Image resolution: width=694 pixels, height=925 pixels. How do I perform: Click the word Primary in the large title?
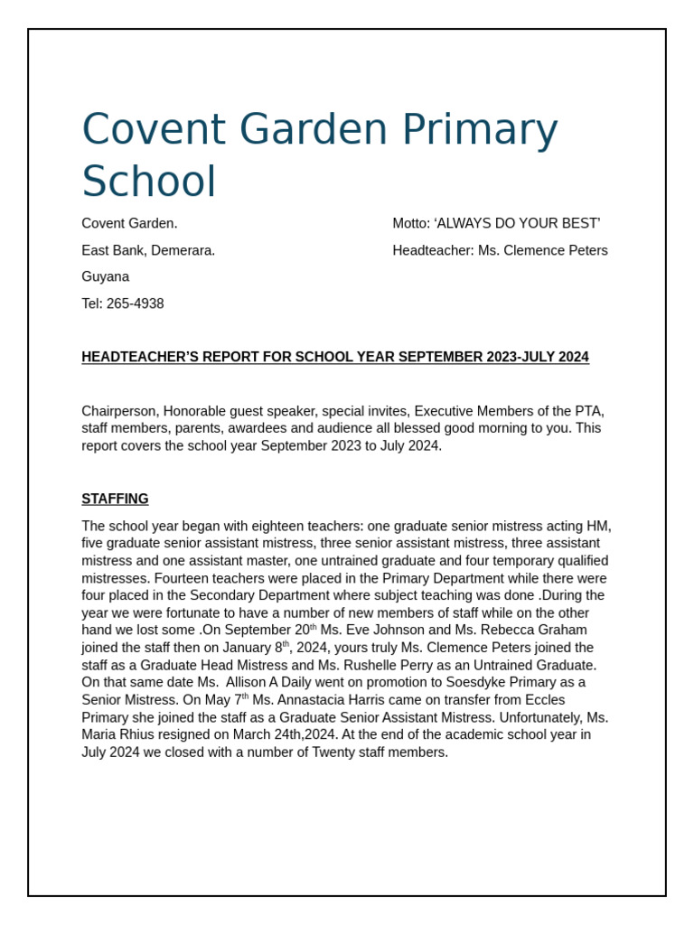click(x=479, y=130)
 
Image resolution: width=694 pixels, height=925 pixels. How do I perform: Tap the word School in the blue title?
click(x=149, y=182)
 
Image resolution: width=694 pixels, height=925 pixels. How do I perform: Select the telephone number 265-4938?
click(x=135, y=304)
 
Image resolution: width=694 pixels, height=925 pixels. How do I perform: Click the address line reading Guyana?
click(x=105, y=276)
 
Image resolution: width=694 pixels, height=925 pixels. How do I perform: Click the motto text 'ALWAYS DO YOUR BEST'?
click(x=517, y=223)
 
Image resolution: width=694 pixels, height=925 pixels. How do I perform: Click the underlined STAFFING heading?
click(x=115, y=499)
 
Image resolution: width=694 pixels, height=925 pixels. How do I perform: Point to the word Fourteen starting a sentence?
click(x=184, y=578)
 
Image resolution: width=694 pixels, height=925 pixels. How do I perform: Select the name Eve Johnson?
click(x=371, y=630)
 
